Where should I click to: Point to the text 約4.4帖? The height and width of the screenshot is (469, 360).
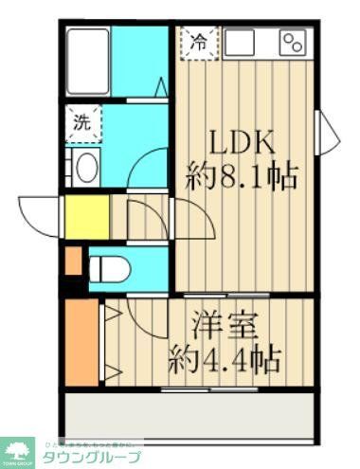(224, 359)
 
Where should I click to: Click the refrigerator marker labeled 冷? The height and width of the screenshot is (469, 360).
(199, 42)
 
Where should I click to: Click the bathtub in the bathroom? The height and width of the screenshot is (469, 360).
(87, 60)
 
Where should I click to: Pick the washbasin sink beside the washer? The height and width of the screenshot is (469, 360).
(83, 168)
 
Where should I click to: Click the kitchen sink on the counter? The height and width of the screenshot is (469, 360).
(240, 42)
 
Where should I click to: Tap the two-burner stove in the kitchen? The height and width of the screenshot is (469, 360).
(293, 42)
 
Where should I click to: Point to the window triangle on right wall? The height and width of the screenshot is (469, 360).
(327, 127)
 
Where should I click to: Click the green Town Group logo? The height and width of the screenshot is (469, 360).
(18, 452)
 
